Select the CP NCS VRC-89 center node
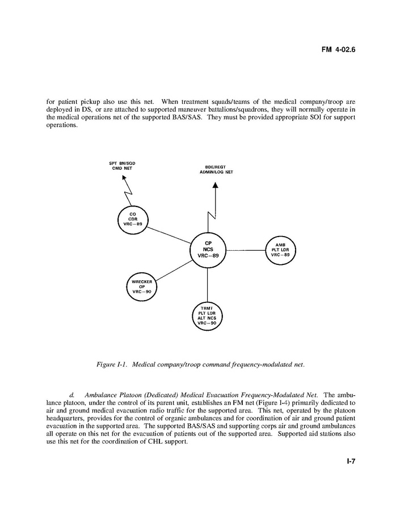[x=208, y=250]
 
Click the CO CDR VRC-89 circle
[x=132, y=219]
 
